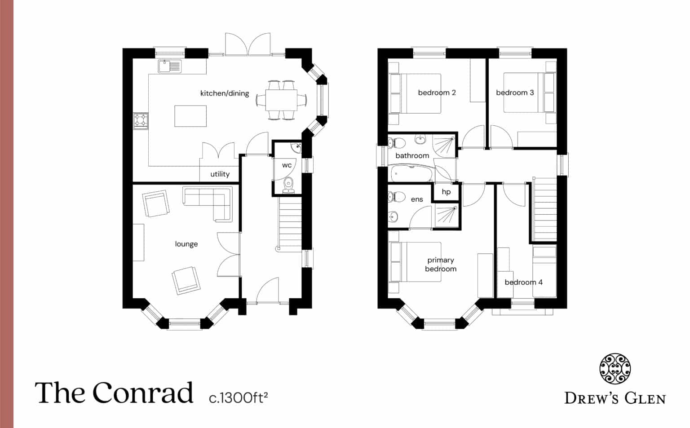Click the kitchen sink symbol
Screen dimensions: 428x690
coord(169,66)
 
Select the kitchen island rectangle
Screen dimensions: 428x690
coord(190,116)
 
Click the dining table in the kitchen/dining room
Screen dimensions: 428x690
coord(281,100)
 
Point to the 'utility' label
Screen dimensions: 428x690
coord(220,174)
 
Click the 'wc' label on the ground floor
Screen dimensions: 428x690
coord(287,165)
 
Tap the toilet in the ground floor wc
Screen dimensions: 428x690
coord(288,184)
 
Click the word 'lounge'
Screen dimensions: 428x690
coord(186,244)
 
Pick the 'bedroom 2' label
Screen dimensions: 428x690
coord(437,93)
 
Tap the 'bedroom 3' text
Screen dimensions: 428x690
coord(515,93)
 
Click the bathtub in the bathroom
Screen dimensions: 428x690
coord(411,173)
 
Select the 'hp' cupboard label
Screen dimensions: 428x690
coord(446,192)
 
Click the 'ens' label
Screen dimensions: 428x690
coord(417,199)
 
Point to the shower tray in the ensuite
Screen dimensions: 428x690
coord(447,216)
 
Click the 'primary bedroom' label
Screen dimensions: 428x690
coord(441,265)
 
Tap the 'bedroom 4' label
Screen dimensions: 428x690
coord(523,282)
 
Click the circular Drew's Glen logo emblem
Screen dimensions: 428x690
coord(615,369)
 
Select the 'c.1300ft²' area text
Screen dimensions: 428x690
coord(238,397)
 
